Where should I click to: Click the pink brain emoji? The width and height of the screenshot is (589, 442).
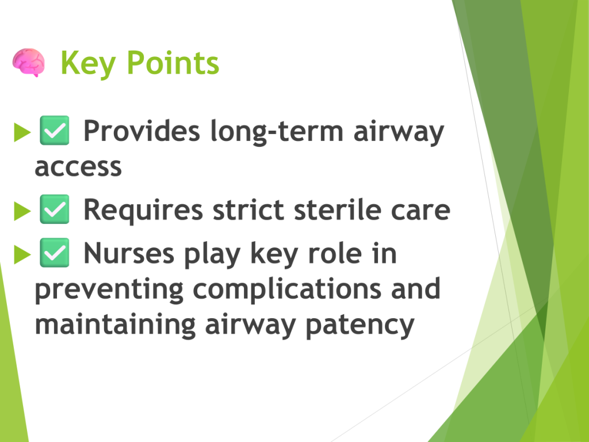coord(29,62)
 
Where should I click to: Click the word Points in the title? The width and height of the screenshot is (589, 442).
coord(173,63)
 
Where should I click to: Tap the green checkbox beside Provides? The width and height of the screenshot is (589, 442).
coord(55,131)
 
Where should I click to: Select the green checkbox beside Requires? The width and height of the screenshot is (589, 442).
coord(55,209)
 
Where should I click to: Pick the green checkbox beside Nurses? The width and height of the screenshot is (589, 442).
coord(55,253)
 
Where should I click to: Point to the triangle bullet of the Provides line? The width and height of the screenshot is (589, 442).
coord(22,132)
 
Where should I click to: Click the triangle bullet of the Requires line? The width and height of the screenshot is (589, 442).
coord(22,211)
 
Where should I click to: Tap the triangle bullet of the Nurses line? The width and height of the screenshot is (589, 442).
coord(22,254)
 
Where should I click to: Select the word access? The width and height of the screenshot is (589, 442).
coord(78,167)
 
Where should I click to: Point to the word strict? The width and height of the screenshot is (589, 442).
coord(248,209)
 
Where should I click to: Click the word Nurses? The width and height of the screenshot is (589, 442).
coord(129,253)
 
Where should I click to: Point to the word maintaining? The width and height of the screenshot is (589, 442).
coord(115,325)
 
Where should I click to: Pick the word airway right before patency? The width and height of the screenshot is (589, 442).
coord(251,326)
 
